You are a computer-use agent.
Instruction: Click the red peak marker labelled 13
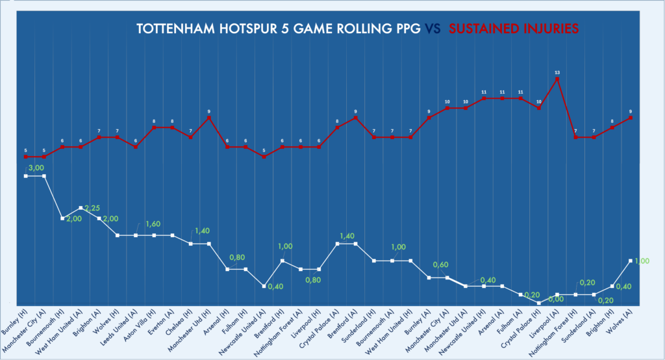[557, 79]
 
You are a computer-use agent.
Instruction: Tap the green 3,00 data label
[35, 168]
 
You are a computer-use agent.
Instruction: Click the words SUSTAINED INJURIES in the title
[514, 29]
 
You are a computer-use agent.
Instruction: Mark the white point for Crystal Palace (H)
[538, 303]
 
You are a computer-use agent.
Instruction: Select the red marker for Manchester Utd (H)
[208, 118]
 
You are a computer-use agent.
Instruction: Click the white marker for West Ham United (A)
[80, 208]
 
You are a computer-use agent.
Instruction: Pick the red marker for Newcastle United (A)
[264, 157]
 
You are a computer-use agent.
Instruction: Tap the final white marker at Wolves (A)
[630, 261]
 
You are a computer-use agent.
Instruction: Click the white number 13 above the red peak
[557, 72]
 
